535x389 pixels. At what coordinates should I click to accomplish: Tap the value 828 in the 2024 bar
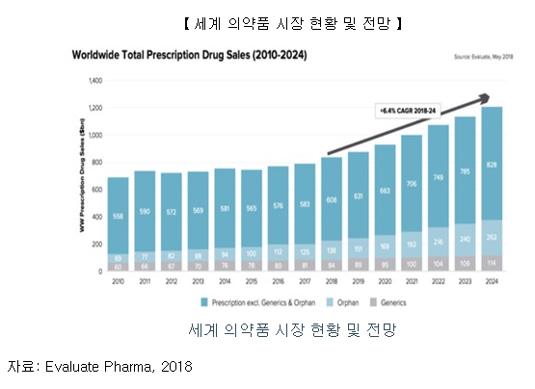coord(492,166)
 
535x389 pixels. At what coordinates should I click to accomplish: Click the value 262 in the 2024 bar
coord(492,238)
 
